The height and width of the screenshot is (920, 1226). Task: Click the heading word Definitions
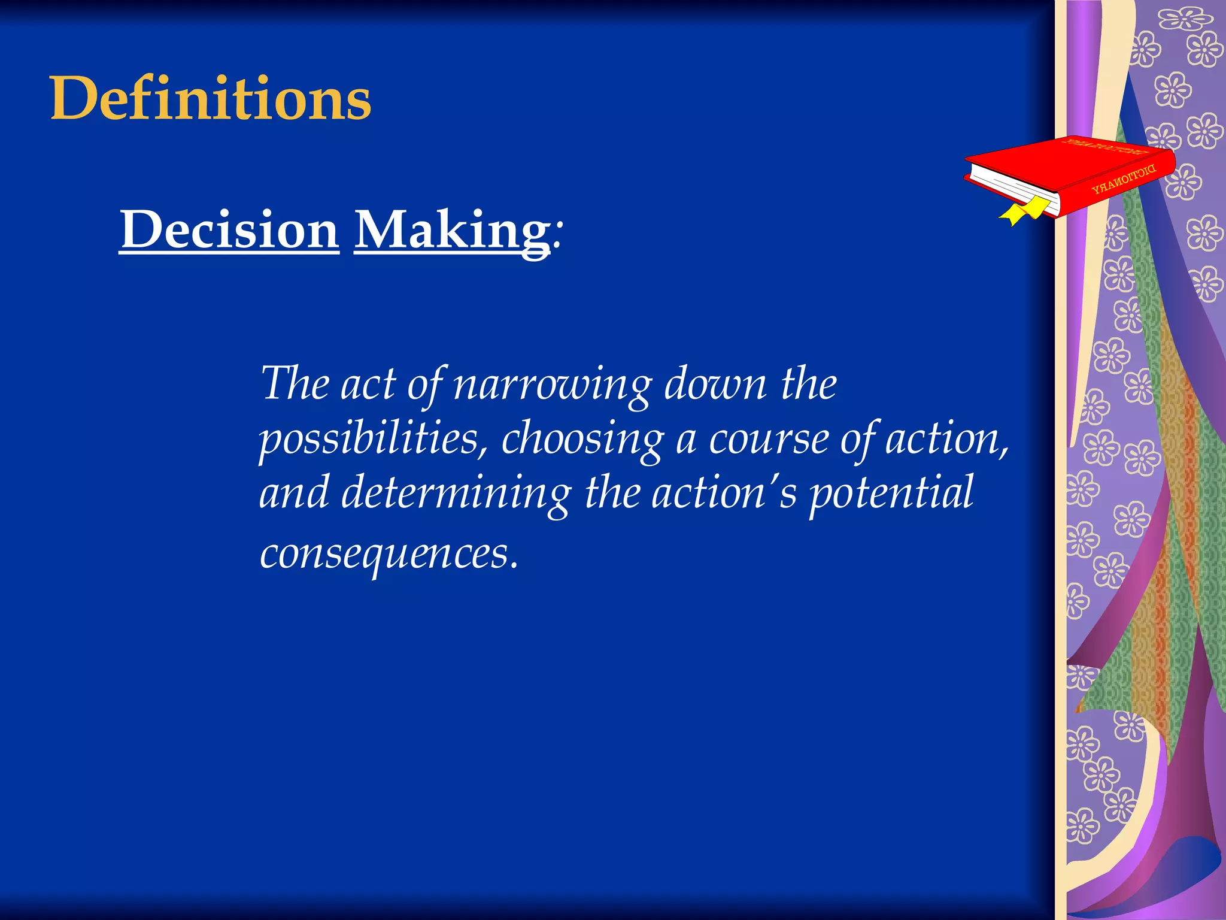coord(211,99)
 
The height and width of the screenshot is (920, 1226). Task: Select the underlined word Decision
coord(229,230)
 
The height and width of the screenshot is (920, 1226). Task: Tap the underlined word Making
coord(452,231)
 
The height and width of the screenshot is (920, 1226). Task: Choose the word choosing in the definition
coord(582,439)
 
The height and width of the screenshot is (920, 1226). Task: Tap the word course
coord(769,439)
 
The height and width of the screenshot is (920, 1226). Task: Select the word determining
coord(456,493)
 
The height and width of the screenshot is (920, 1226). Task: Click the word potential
coord(891,493)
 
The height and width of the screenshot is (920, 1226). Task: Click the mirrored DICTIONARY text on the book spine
coord(1124,180)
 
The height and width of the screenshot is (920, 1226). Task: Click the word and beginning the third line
coord(293,493)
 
